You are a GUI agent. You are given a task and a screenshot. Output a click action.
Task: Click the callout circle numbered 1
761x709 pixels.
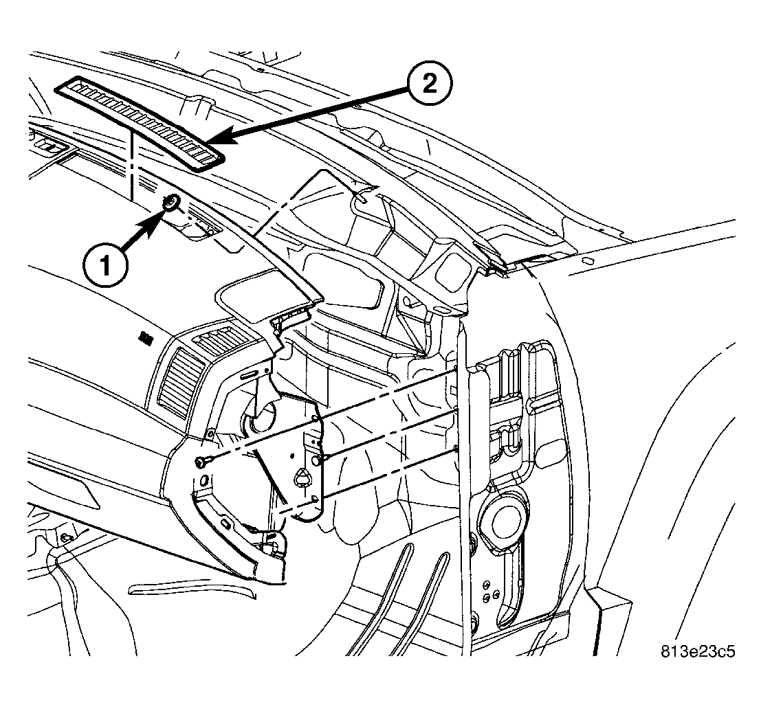point(105,267)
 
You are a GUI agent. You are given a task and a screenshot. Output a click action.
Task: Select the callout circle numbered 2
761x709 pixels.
point(430,85)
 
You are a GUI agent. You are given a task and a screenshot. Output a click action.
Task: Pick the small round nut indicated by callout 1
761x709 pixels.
point(171,202)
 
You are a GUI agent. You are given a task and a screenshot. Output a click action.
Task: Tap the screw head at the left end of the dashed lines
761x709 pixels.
point(199,462)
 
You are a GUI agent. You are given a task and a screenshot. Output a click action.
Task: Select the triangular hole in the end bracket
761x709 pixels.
point(301,477)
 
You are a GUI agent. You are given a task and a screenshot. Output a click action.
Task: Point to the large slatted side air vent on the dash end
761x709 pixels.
point(179,383)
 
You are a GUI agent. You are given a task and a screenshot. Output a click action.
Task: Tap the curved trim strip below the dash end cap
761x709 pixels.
point(193,589)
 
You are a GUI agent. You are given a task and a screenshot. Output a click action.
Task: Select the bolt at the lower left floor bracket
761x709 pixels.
point(67,537)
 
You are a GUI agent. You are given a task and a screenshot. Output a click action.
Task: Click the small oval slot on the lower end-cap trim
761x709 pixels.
point(225,524)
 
